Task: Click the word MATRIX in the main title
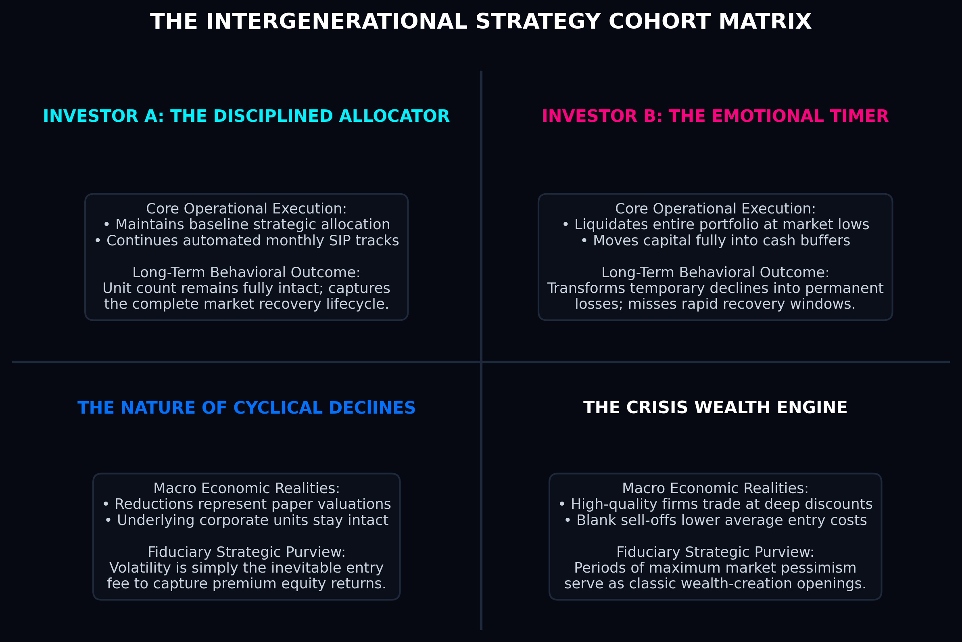(x=765, y=22)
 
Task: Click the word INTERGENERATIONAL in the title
(x=336, y=22)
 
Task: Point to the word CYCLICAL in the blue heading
(x=278, y=408)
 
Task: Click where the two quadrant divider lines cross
(x=481, y=362)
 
